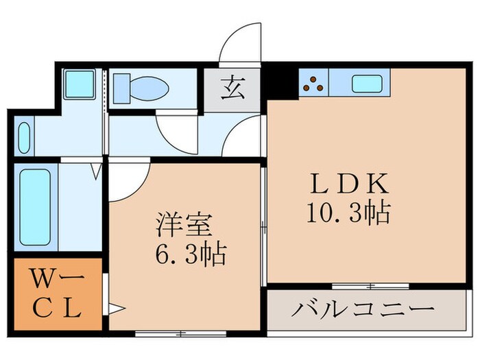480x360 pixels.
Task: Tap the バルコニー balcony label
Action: click(363, 309)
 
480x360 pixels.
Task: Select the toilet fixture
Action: click(141, 88)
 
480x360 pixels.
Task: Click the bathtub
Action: click(34, 206)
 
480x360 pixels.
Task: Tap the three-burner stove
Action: click(314, 84)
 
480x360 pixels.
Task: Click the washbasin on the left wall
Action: click(23, 136)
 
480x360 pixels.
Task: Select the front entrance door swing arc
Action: click(240, 43)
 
